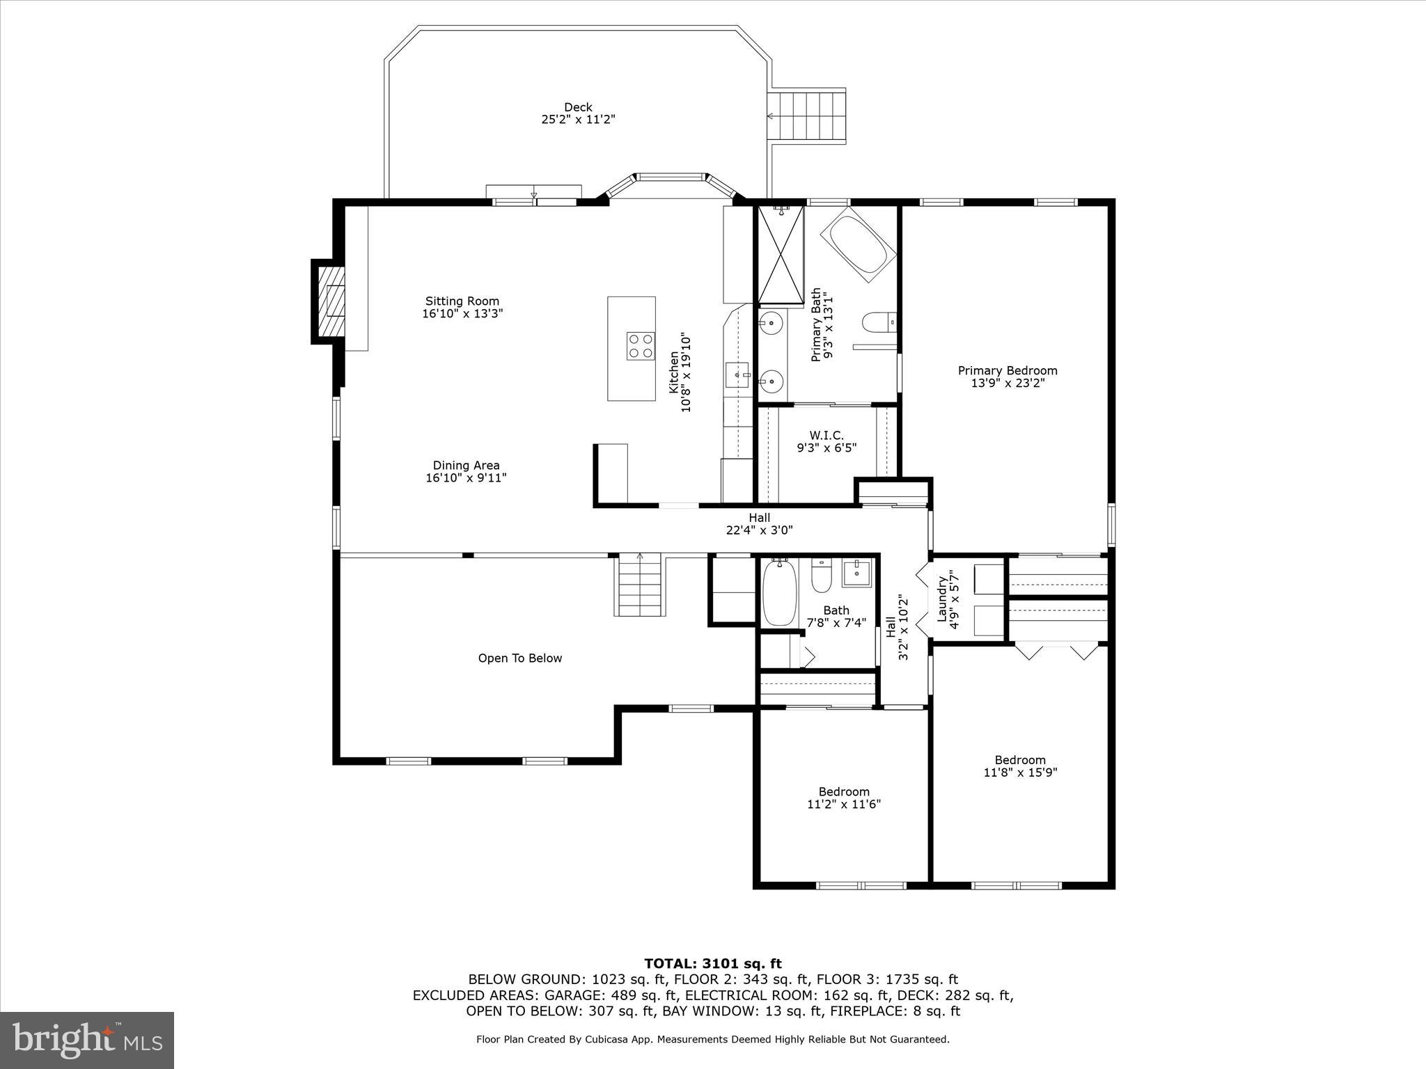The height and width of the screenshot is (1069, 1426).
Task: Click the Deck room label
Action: [x=578, y=107]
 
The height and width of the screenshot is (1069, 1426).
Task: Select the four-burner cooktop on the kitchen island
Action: [x=641, y=346]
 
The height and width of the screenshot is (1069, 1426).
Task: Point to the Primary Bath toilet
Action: [x=877, y=322]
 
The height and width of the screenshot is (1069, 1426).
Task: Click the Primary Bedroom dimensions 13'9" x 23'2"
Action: [x=1008, y=383]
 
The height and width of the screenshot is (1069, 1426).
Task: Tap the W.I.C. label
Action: [x=826, y=436]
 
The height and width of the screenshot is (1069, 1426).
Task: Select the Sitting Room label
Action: [x=462, y=301]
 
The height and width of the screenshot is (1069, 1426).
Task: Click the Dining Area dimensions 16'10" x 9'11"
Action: [x=466, y=478]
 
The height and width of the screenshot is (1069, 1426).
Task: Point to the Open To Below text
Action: [x=519, y=658]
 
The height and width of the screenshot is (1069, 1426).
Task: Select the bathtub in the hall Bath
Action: [x=778, y=594]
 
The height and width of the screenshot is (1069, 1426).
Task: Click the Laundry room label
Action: [x=942, y=599]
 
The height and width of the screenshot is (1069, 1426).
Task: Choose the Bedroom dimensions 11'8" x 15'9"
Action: [x=1020, y=773]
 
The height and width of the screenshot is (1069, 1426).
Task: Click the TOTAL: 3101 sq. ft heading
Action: [x=712, y=964]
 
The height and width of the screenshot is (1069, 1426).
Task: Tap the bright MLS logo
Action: [x=87, y=1040]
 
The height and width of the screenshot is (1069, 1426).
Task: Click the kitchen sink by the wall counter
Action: [x=737, y=374]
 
